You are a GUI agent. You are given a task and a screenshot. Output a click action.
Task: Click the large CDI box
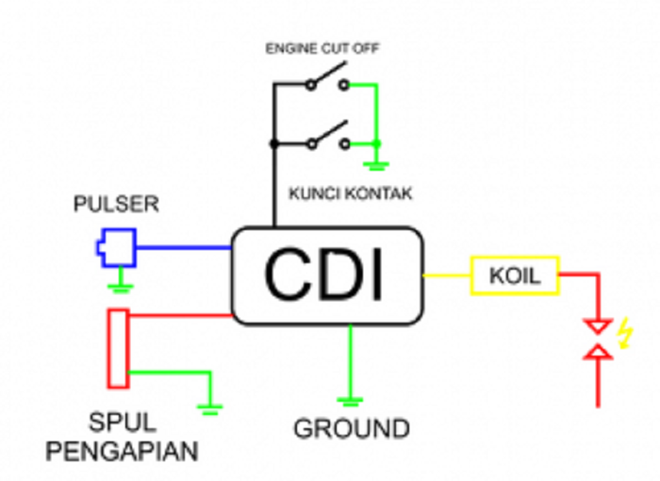coord(325,275)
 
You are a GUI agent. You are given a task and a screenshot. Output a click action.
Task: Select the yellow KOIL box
coord(515,275)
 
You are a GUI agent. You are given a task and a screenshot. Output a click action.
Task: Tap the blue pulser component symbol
coord(115,248)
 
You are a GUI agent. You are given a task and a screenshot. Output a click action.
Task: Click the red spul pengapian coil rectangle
coord(118,348)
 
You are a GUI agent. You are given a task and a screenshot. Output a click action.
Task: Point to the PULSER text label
coord(116,205)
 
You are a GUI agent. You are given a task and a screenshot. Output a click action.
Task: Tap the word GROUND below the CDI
coord(352,428)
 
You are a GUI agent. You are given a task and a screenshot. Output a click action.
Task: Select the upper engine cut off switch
coord(326,82)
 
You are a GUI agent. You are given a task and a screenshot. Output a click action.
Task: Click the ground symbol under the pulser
coord(121,286)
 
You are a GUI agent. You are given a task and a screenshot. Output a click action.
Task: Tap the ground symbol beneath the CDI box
coord(350,401)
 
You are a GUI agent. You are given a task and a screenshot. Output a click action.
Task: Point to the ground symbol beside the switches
coord(378,166)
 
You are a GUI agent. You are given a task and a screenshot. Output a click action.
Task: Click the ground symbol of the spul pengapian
coord(209,407)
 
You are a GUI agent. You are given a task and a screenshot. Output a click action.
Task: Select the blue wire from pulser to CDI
coord(184,248)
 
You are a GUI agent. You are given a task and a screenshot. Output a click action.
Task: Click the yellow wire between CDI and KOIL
coord(446,275)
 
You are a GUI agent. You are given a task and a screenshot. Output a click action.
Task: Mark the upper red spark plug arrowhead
coord(598,327)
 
